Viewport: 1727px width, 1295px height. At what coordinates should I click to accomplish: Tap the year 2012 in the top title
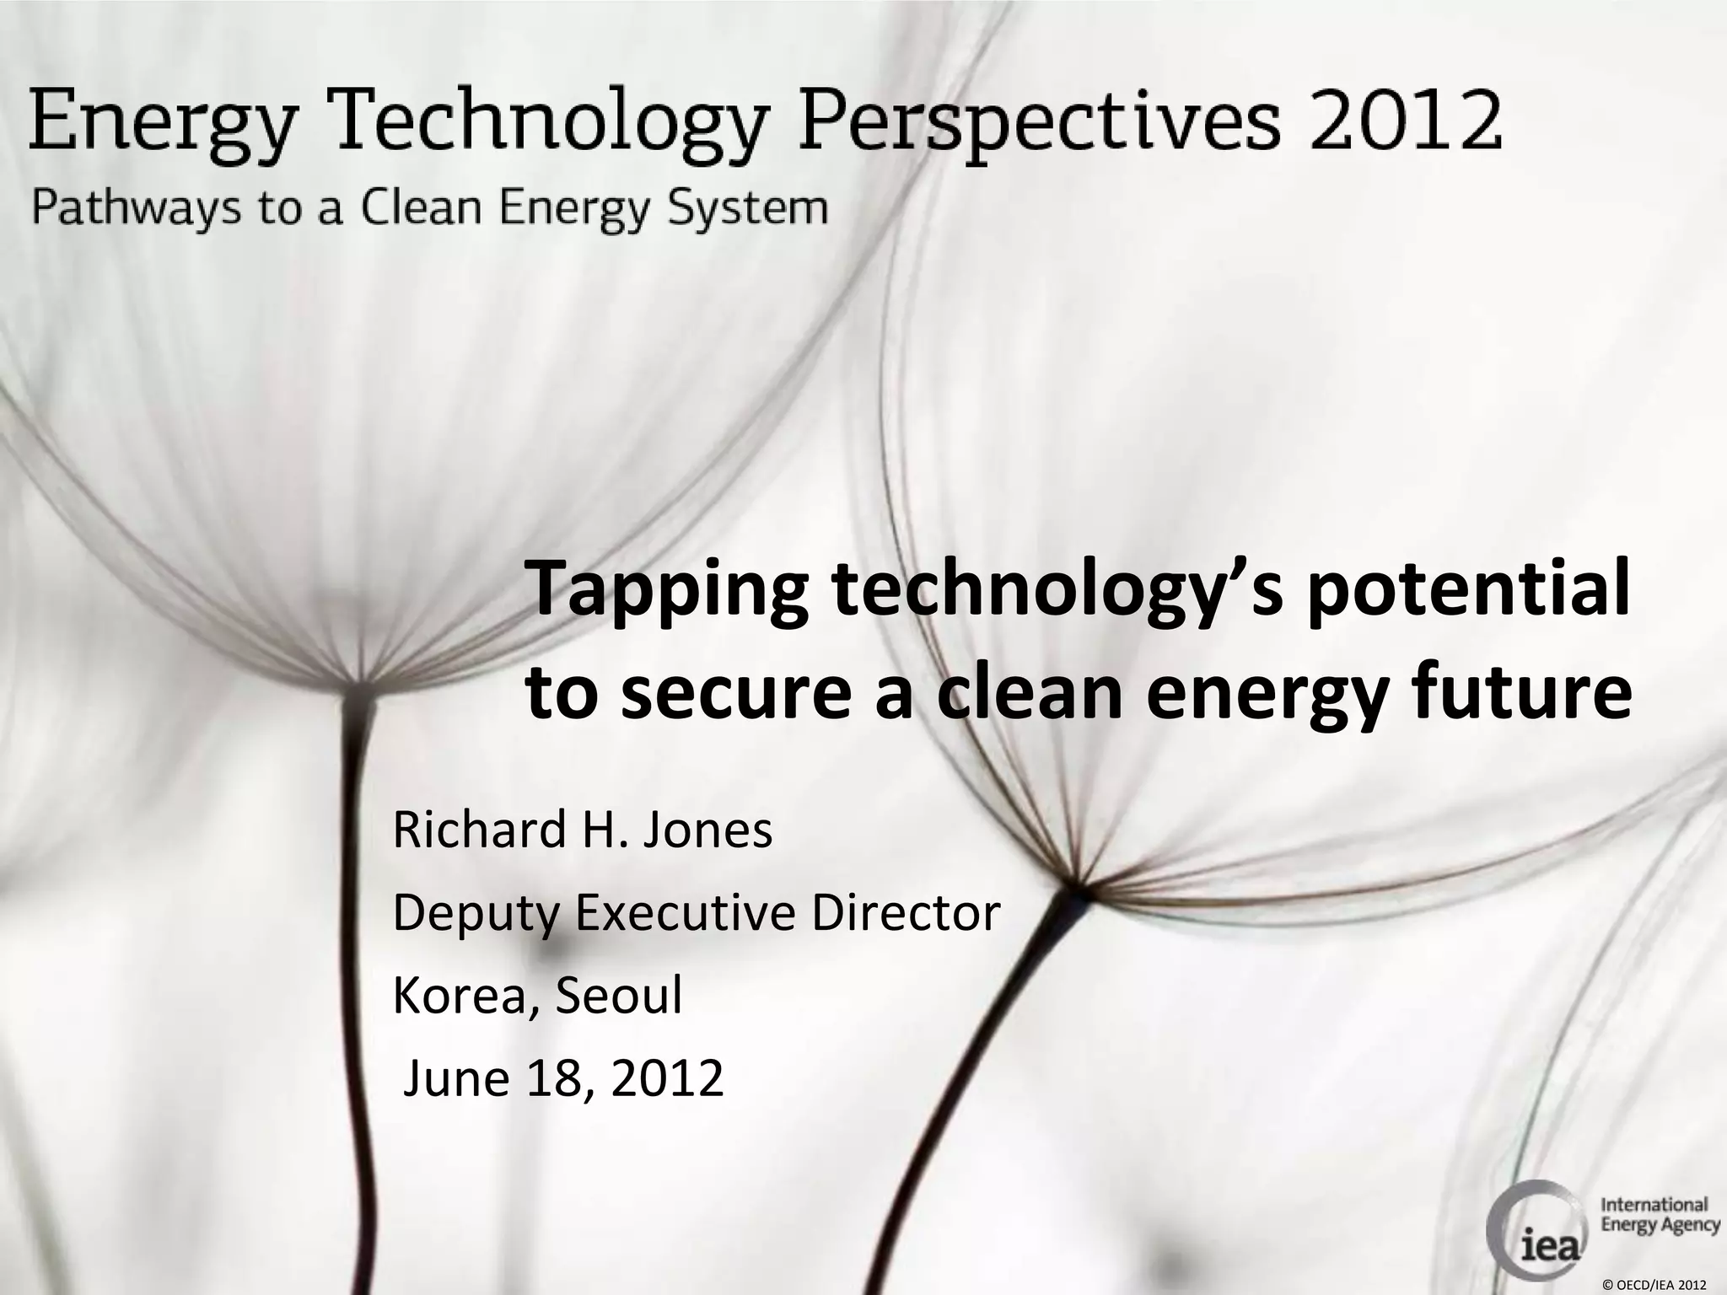point(1405,121)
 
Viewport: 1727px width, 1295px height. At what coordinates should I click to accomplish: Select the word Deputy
point(477,914)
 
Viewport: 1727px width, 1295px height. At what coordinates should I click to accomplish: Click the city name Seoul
point(618,996)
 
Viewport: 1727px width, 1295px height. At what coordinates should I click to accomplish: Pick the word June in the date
point(456,1078)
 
